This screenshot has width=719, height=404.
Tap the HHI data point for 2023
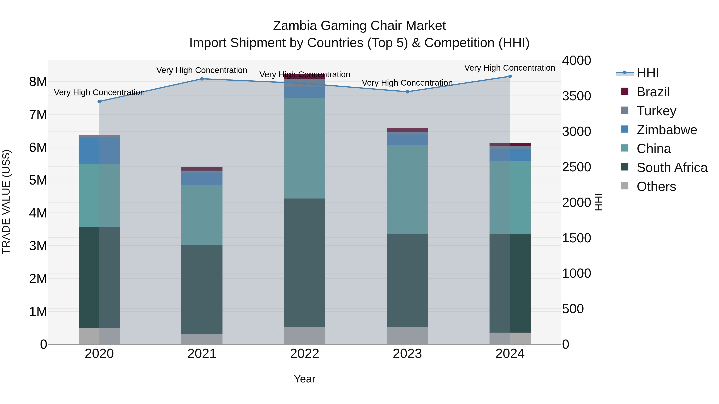407,92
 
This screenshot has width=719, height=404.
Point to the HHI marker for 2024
510,76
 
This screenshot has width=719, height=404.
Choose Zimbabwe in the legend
666,130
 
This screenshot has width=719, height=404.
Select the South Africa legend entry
671,168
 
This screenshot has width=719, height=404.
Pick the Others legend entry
656,187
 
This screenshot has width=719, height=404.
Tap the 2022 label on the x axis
305,354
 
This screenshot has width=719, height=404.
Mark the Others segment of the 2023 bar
407,335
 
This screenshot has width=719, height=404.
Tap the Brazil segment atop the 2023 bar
407,130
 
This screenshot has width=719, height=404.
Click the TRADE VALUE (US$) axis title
6,202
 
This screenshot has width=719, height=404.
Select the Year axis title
305,379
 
